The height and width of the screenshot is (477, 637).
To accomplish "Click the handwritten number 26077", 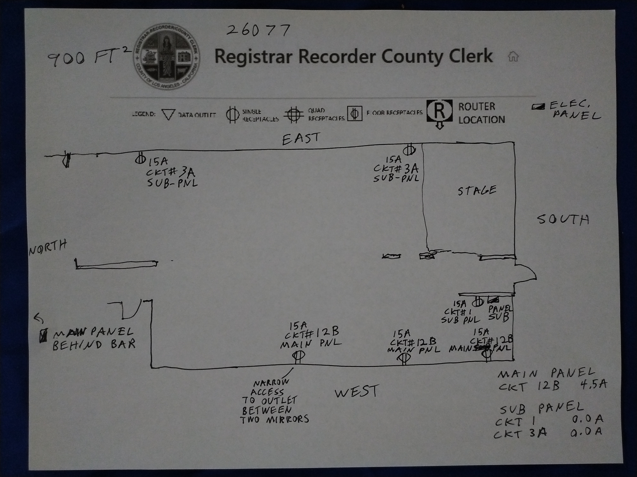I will click(258, 31).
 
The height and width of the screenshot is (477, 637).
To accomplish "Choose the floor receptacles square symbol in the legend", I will click(354, 114).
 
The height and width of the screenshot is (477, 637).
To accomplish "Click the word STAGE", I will click(477, 191).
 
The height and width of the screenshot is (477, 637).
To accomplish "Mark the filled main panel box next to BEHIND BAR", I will click(43, 336).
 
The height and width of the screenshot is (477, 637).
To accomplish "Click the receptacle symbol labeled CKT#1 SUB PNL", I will click(478, 302).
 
